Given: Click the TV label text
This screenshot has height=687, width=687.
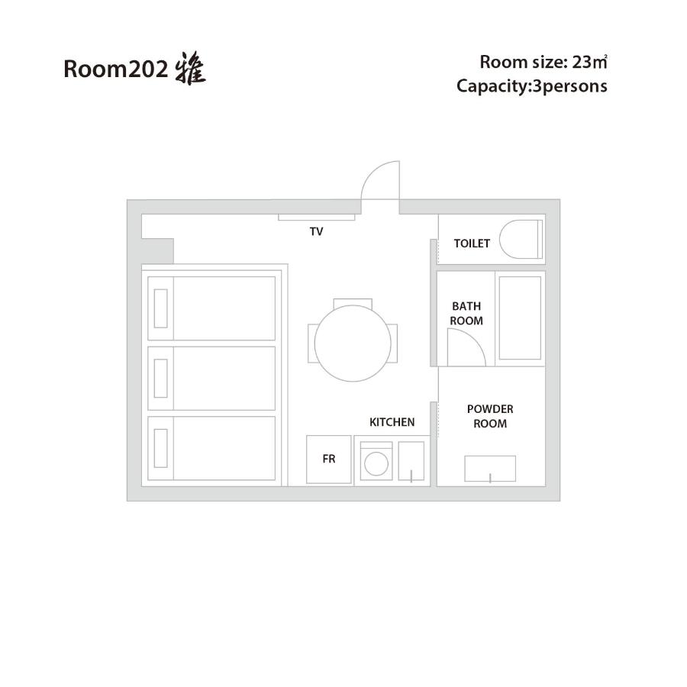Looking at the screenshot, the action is tap(316, 231).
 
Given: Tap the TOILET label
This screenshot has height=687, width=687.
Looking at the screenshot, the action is tap(472, 244).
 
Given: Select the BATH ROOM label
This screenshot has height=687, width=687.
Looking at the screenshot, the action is tap(466, 313).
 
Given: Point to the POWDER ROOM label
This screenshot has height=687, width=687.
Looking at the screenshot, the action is tap(490, 416).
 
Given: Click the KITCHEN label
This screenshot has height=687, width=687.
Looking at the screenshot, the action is tap(392, 422).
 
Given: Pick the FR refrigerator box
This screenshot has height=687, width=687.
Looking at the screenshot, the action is tap(329, 460).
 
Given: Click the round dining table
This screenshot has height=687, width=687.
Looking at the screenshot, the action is tap(353, 343).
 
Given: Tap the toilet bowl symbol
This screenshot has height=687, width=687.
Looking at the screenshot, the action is tap(521, 239).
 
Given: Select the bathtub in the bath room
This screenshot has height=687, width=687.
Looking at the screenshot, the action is tap(520, 318).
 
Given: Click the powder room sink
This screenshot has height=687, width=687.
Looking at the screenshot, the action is tap(490, 469).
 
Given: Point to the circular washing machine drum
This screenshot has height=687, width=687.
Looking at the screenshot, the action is tap(376, 463).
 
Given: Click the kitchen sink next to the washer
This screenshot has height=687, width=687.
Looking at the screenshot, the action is tap(411, 461).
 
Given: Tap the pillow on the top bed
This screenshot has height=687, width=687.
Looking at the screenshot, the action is tap(161, 308).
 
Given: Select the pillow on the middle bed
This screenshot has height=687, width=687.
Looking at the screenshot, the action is tap(161, 379).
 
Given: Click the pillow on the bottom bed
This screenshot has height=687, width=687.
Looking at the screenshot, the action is tap(161, 448).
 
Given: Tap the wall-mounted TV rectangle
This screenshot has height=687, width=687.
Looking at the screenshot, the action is tap(316, 218).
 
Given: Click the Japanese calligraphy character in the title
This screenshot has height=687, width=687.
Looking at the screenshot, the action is tap(191, 69).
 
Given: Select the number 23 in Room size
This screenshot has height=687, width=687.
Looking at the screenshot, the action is tap(582, 63).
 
